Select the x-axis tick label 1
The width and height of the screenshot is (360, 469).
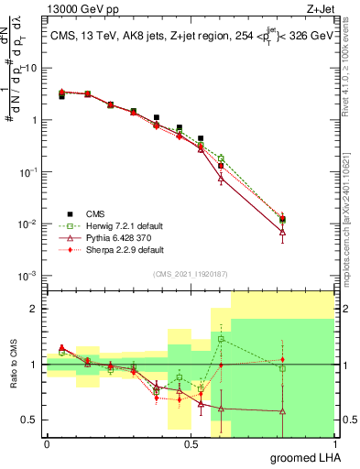pos(333,443)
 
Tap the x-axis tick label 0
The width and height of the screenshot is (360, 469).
pos(47,443)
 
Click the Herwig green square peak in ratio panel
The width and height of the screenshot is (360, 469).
pos(221,339)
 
